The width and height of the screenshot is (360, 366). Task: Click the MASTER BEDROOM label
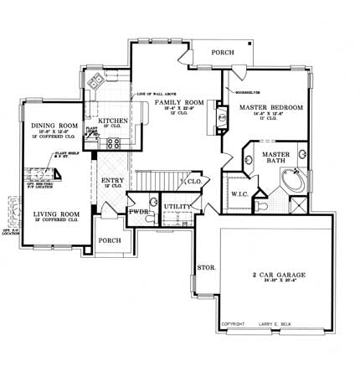270,109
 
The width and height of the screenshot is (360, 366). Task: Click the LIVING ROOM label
56,215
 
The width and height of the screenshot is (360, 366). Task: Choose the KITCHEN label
114,121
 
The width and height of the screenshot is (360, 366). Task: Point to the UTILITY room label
177,205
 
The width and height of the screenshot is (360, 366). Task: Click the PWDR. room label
138,213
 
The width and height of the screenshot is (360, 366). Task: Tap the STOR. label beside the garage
206,268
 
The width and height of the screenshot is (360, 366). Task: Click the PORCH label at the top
223,51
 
